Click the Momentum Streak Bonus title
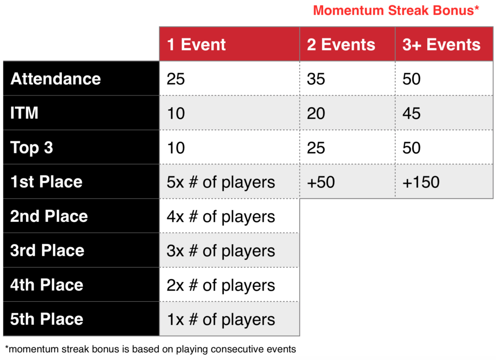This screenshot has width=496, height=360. tap(396, 11)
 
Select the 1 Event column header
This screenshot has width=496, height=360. tap(230, 44)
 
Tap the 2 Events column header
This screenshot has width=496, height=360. tap(347, 44)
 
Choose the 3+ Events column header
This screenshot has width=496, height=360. tap(444, 44)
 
